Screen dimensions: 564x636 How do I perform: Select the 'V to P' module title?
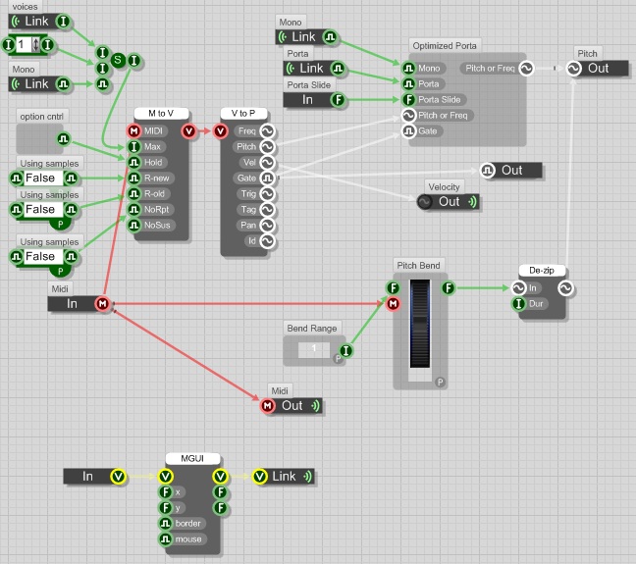click(x=243, y=114)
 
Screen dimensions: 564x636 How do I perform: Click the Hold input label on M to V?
click(x=153, y=163)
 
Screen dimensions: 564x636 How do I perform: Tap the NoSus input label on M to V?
click(x=157, y=225)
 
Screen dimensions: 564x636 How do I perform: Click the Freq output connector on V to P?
click(x=266, y=130)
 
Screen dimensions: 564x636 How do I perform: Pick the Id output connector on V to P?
click(x=266, y=240)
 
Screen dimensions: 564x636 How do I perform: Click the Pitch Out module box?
click(x=598, y=69)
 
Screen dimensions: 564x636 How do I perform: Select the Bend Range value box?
click(x=314, y=349)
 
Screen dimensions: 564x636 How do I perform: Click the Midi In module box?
click(x=74, y=304)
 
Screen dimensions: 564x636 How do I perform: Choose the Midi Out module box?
click(x=291, y=405)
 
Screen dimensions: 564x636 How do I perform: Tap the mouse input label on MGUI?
click(x=187, y=538)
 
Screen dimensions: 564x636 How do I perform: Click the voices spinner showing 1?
click(x=23, y=45)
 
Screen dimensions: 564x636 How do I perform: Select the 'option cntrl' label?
click(x=41, y=118)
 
